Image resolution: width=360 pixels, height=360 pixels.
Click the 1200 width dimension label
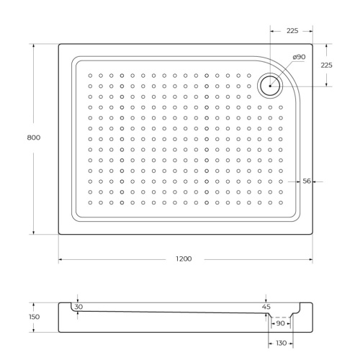[184, 259]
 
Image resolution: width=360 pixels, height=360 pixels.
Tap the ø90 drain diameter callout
[299, 58]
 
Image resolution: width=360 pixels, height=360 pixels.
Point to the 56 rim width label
[307, 181]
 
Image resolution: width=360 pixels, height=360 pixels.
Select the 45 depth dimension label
[267, 307]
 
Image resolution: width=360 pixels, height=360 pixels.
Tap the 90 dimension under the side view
[279, 323]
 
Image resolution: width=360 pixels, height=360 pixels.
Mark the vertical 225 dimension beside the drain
[326, 65]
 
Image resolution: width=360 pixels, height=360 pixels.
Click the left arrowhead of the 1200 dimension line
[60, 259]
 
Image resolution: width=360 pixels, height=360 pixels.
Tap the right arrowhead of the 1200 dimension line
[310, 259]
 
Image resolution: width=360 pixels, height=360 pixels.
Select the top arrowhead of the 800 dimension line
[32, 45]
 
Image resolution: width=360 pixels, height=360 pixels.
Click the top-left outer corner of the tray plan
[59, 44]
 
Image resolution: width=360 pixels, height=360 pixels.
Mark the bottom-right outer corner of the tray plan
[312, 234]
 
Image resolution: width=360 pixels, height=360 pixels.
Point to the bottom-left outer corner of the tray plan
[59, 234]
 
